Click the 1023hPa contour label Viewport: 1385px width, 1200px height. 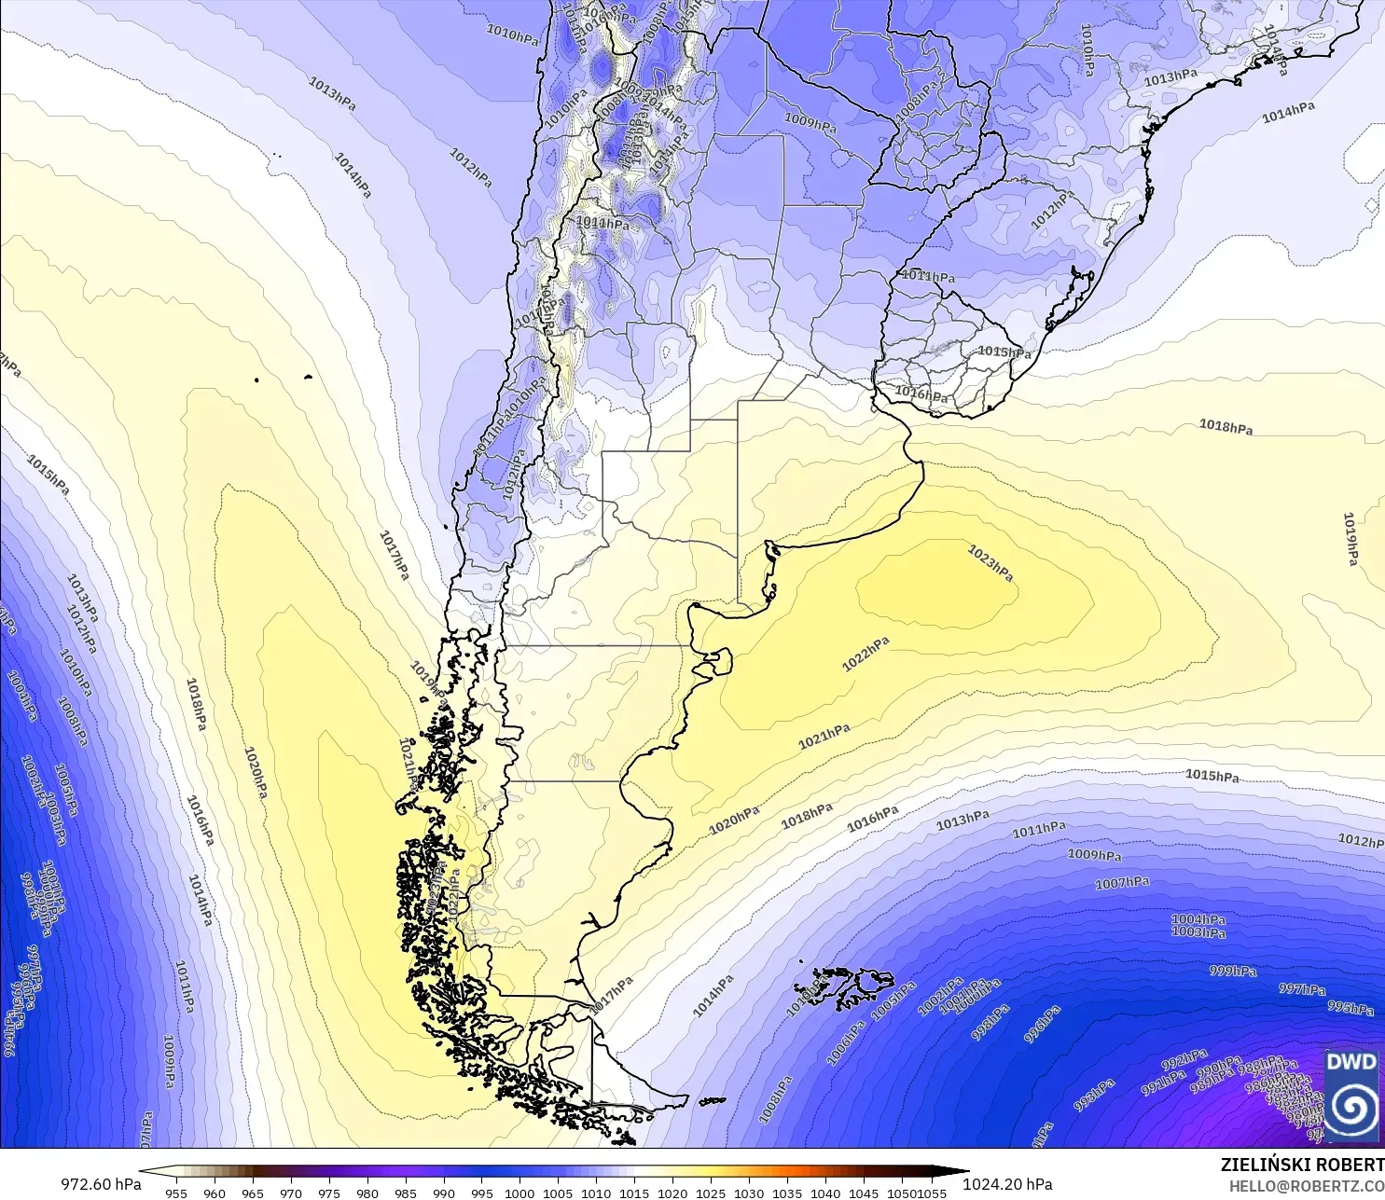[x=990, y=564]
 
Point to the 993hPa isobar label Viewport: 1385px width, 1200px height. [x=1094, y=1096]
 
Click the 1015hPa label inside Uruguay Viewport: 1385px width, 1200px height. [x=1004, y=352]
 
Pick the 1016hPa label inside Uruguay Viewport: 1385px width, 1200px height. [x=921, y=394]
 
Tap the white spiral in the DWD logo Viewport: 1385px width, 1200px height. [x=1350, y=1108]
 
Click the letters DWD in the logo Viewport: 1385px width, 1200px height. [x=1350, y=1062]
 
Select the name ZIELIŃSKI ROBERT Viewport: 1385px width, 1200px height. [x=1302, y=1165]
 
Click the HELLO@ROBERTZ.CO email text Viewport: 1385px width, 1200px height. [x=1306, y=1186]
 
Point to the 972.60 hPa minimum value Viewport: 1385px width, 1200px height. [x=102, y=1184]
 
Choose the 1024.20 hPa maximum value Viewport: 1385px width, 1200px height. [x=1007, y=1184]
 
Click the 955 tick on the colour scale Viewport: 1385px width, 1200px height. [x=176, y=1193]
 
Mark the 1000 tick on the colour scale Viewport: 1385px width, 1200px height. [x=519, y=1193]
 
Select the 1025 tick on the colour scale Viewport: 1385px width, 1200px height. [x=711, y=1193]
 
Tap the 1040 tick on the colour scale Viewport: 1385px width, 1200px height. [x=825, y=1193]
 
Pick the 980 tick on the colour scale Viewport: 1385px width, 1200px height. [x=367, y=1193]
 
